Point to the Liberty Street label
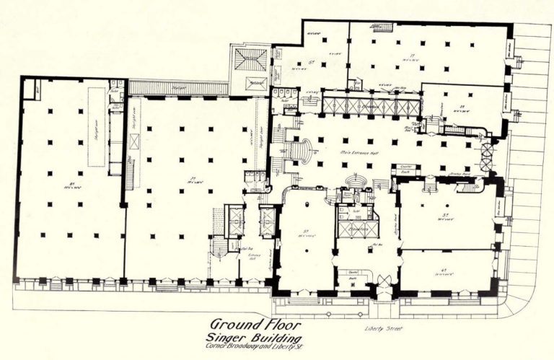tap(382, 331)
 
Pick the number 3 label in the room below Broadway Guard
tap(445, 214)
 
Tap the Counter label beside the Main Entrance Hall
tap(405, 166)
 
